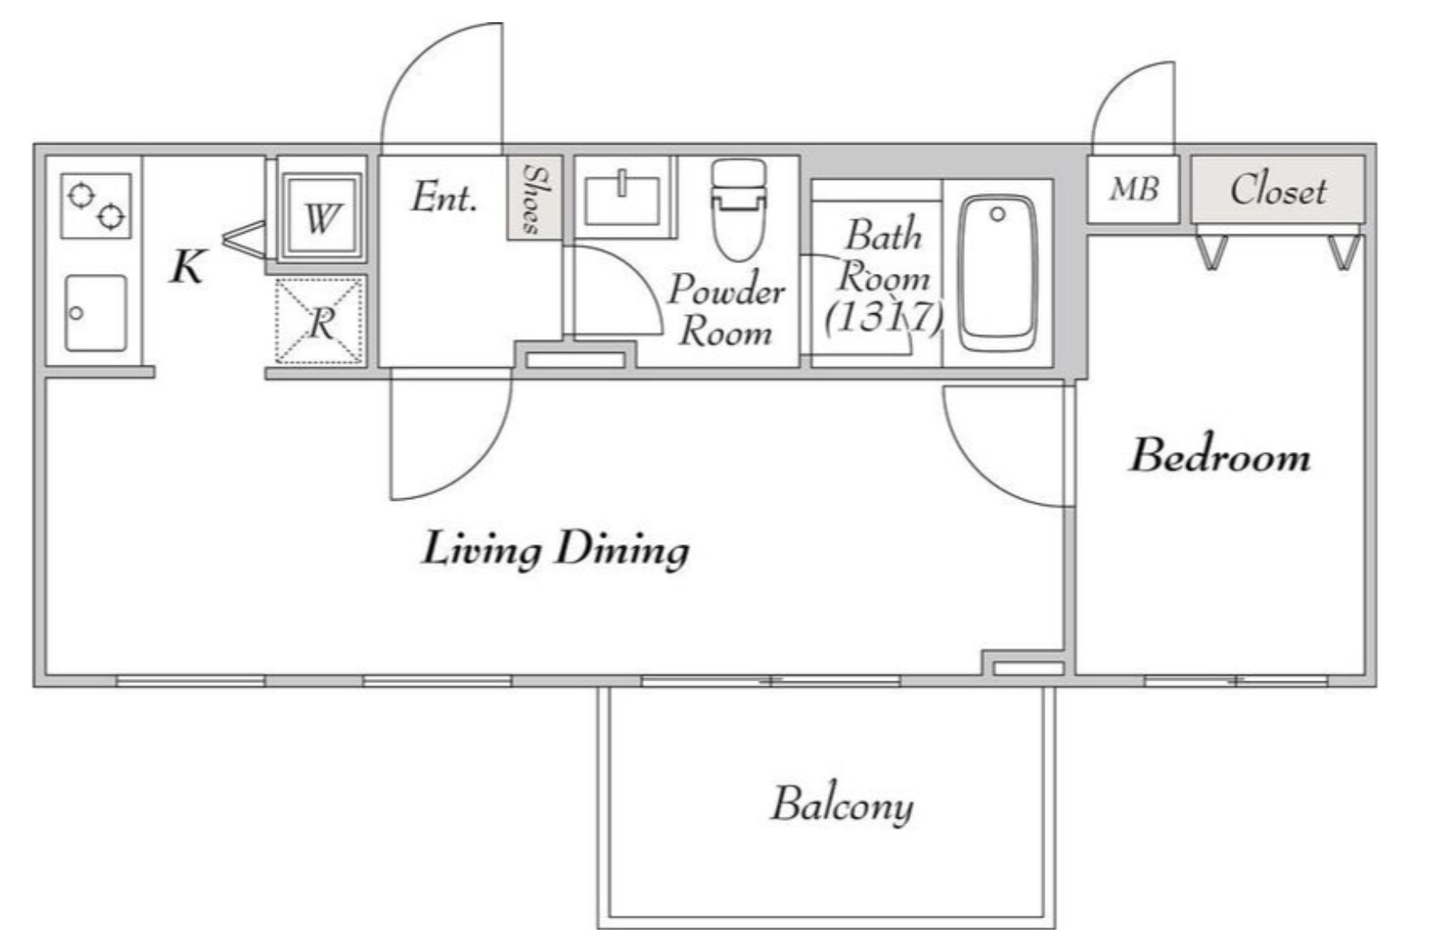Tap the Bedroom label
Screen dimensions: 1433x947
point(1219,455)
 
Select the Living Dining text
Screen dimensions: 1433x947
point(556,549)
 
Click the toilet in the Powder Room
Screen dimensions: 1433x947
point(739,210)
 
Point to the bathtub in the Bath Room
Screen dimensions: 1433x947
point(998,272)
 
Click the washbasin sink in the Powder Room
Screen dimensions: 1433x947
point(622,200)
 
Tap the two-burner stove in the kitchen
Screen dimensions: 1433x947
point(96,205)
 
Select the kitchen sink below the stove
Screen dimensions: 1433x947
point(96,313)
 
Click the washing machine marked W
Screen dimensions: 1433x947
point(321,217)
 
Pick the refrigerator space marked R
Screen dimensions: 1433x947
point(319,321)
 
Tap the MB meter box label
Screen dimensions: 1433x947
point(1134,189)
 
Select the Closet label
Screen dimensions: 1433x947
point(1278,191)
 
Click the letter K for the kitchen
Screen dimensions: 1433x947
point(187,266)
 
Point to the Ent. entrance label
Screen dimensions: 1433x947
point(444,197)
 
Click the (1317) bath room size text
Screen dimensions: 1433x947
point(884,317)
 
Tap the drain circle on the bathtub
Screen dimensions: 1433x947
point(998,214)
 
